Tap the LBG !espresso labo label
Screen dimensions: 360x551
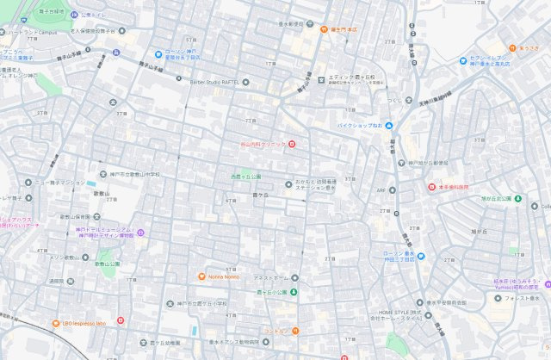84,323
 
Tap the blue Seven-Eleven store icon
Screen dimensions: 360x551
462,59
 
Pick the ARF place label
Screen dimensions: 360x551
380,190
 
